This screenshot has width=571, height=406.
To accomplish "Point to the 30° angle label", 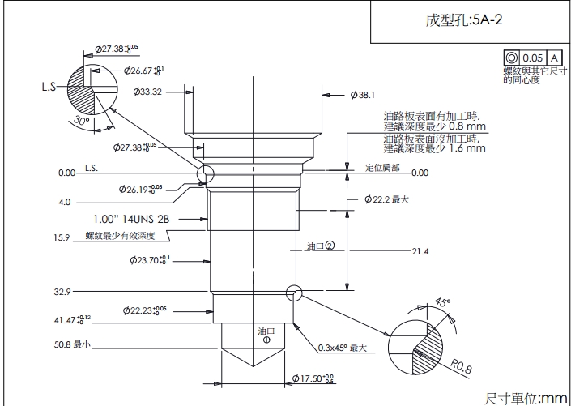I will coord(80,120).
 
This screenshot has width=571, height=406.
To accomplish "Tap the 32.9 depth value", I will coord(62,291).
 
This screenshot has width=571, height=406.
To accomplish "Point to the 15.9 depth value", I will coord(62,237).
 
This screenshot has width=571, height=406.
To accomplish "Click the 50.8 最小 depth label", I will coord(72,344).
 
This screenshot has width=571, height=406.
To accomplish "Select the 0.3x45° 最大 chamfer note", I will coord(343,348).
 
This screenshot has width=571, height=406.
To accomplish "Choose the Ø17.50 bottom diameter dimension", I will coord(312,378).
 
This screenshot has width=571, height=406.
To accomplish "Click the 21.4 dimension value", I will coord(420,251).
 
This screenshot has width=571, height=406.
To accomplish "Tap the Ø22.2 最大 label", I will coord(386,199).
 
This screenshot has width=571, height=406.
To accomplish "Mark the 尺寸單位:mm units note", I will coord(526,397).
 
